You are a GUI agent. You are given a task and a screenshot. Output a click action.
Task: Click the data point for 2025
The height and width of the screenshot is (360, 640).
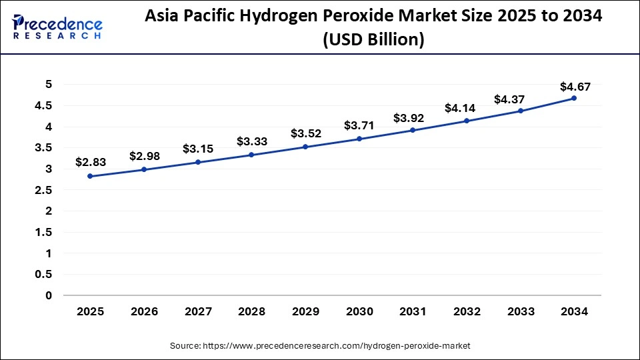90,176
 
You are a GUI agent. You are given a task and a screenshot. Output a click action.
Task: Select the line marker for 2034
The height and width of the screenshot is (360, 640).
574,98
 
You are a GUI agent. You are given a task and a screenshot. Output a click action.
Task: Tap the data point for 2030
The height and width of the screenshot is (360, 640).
359,139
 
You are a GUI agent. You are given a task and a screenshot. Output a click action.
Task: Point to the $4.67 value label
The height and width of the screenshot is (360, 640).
575,86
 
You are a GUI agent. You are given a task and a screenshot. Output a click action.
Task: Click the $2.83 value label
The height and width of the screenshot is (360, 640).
90,162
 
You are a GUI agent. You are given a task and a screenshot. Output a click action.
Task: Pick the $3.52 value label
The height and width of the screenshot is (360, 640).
305,133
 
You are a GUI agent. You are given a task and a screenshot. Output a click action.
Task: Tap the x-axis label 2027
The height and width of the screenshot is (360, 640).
198,311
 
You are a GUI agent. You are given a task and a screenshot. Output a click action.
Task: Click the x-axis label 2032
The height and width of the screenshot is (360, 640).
467,311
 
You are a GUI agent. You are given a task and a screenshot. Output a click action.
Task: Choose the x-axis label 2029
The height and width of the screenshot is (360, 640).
305,311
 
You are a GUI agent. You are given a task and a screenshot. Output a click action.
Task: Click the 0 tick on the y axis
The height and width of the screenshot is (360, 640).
48,295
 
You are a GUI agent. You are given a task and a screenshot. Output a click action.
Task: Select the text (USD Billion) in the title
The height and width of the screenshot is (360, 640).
373,40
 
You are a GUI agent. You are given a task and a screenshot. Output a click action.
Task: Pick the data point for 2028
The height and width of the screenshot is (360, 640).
251,155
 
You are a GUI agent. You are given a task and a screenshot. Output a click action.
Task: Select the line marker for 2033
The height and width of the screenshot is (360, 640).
521,111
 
